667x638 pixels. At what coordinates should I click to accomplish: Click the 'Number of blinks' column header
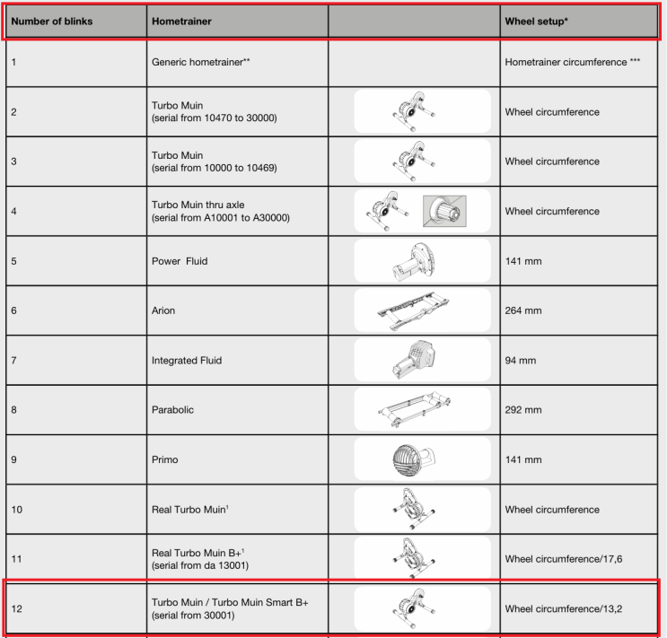pyautogui.click(x=51, y=21)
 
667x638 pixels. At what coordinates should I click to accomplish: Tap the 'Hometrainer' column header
pyautogui.click(x=181, y=21)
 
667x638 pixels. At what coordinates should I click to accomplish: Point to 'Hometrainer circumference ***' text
pyautogui.click(x=572, y=63)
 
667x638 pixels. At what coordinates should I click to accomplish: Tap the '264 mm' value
pyautogui.click(x=523, y=310)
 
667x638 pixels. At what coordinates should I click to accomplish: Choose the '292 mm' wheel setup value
pyautogui.click(x=523, y=410)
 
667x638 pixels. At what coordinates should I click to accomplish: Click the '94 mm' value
pyautogui.click(x=521, y=361)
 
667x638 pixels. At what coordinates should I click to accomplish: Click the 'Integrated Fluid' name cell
pyautogui.click(x=187, y=361)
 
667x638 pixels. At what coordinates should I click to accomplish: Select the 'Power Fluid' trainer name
pyautogui.click(x=180, y=261)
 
